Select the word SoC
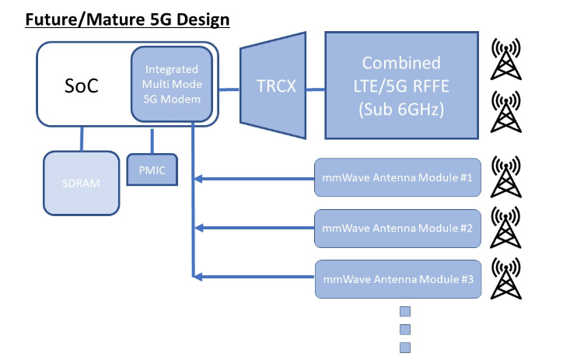[82, 85]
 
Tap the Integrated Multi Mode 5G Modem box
[170, 84]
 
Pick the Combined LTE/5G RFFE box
[400, 85]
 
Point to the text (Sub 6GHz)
[400, 110]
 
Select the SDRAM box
[82, 183]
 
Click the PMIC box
[152, 170]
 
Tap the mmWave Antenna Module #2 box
[397, 229]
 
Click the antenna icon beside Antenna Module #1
[506, 178]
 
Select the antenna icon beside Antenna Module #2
[506, 227]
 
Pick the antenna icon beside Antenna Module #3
[506, 278]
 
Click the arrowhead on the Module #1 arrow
[198, 180]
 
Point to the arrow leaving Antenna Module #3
[257, 276]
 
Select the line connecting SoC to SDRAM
[82, 139]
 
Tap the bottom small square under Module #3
[404, 348]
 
